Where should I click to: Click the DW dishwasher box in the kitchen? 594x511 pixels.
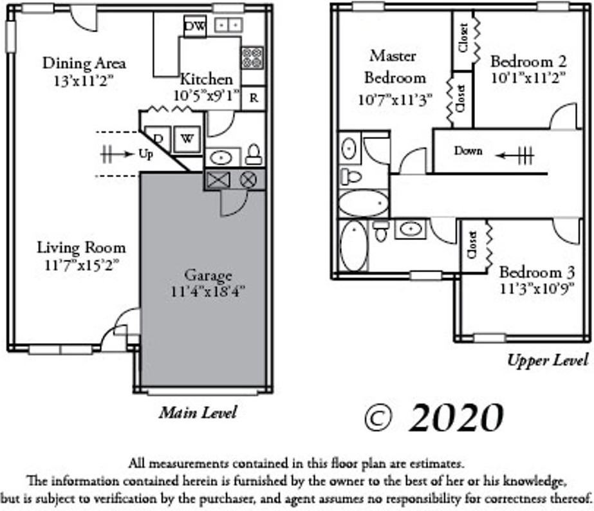[194, 26]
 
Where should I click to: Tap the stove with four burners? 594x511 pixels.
[252, 57]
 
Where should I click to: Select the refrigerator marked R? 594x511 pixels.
[254, 98]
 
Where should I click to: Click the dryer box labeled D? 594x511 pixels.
[158, 139]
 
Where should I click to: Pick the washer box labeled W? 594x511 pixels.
[187, 139]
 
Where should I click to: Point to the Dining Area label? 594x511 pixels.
[84, 63]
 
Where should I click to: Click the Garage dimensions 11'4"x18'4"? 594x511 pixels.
[208, 291]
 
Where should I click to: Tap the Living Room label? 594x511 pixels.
[81, 248]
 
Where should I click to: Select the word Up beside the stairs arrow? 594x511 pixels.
[146, 154]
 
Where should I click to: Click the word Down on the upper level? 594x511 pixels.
[469, 151]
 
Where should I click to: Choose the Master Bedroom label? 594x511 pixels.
[394, 67]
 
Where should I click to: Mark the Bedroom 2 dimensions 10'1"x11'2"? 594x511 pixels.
[528, 78]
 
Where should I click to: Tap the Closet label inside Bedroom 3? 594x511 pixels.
[472, 245]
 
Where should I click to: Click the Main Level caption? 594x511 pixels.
[198, 413]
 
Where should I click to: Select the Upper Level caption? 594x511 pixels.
[547, 360]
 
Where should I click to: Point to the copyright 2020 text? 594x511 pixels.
[433, 418]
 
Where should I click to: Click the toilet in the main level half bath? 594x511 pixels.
[254, 154]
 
